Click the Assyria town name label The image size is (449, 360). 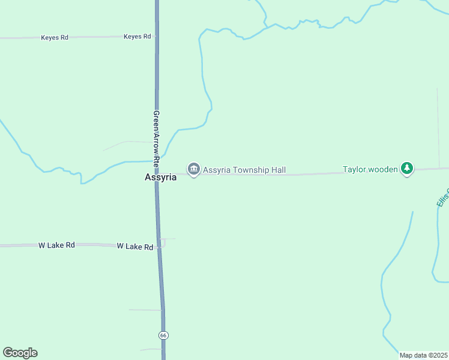pyautogui.click(x=160, y=178)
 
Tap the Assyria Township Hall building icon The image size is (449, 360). pyautogui.click(x=193, y=170)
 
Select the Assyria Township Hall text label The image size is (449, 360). pyautogui.click(x=244, y=170)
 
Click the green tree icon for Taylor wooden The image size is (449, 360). pyautogui.click(x=408, y=169)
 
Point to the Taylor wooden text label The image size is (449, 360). pyautogui.click(x=370, y=170)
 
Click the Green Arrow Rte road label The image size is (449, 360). pyautogui.click(x=156, y=138)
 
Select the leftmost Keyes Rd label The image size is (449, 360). pyautogui.click(x=55, y=38)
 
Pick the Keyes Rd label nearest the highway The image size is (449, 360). pyautogui.click(x=137, y=37)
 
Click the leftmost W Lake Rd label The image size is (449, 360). pyautogui.click(x=56, y=245)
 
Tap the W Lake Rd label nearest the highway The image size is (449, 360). pyautogui.click(x=135, y=246)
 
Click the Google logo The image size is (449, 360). pyautogui.click(x=20, y=353)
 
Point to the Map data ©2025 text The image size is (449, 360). pyautogui.click(x=423, y=355)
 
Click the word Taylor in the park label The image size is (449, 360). pyautogui.click(x=354, y=170)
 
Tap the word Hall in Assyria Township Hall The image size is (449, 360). pyautogui.click(x=278, y=170)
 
